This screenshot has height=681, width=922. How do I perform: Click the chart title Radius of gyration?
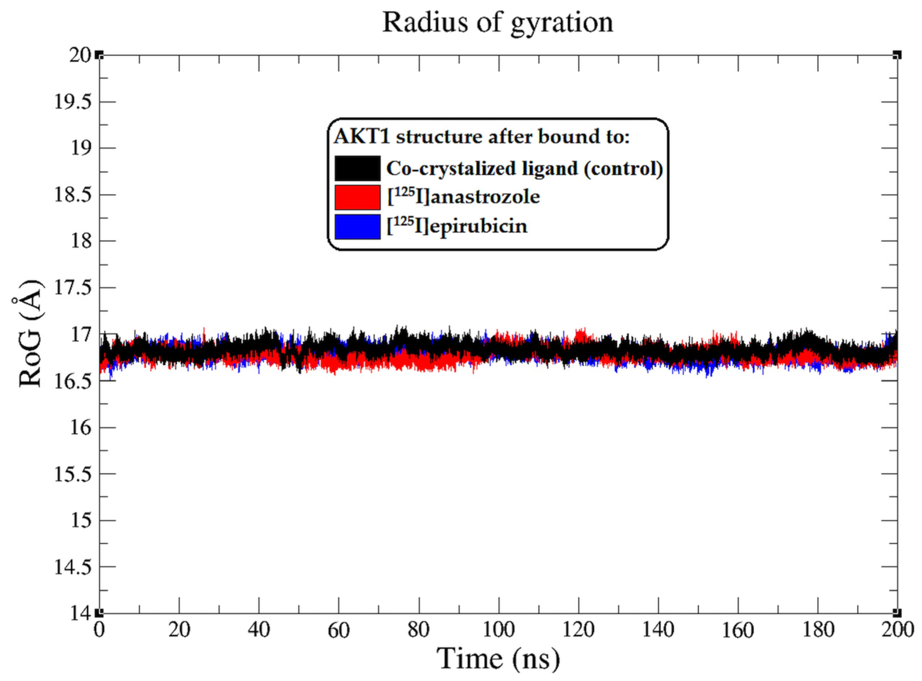click(498, 23)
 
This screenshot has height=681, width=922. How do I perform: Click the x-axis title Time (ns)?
click(498, 658)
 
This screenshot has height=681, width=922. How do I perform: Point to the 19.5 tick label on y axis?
click(73, 102)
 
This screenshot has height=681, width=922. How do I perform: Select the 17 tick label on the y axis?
click(81, 334)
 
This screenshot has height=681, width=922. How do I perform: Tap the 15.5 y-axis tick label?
click(73, 474)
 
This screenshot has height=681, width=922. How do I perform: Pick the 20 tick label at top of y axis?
click(80, 55)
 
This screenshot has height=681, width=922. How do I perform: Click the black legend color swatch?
click(357, 168)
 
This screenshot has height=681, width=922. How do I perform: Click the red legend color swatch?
click(357, 197)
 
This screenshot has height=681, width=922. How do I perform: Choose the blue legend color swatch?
click(357, 226)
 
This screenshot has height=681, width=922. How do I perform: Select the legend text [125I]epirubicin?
click(457, 226)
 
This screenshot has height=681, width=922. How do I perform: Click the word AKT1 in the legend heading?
click(362, 136)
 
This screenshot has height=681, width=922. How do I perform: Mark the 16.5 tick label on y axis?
click(73, 381)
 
